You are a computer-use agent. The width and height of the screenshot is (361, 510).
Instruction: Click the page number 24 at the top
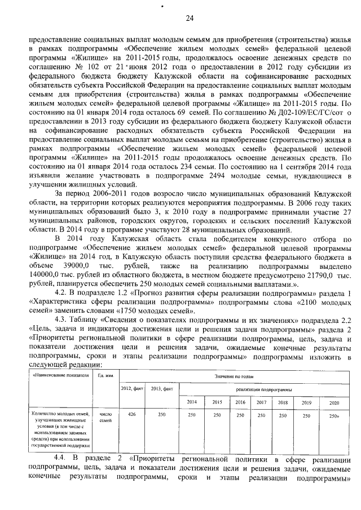190,19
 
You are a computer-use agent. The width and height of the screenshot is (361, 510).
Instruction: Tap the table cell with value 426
131,414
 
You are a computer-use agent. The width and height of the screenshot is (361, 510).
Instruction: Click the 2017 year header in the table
261,402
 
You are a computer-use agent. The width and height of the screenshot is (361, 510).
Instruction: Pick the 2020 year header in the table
334,402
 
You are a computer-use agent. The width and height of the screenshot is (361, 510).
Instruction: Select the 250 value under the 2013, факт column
161,414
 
